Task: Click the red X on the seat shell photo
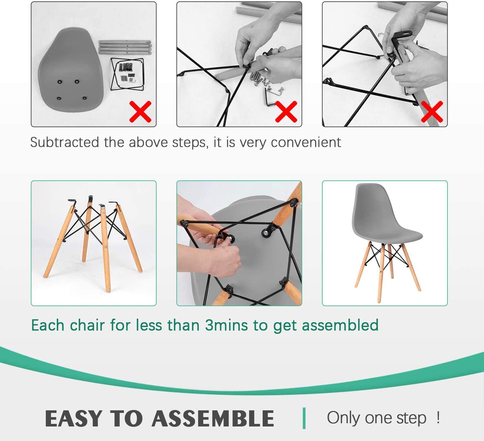click(x=140, y=112)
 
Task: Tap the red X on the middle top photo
click(x=286, y=112)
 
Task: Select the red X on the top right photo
click(x=432, y=112)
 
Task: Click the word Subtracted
click(x=65, y=142)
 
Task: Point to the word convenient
click(x=306, y=142)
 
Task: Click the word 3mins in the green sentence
click(x=226, y=325)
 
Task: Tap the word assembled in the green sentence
click(x=340, y=325)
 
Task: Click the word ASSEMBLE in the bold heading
click(x=213, y=418)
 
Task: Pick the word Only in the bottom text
click(x=343, y=418)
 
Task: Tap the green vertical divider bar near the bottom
click(x=304, y=418)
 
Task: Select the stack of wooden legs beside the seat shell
click(x=125, y=47)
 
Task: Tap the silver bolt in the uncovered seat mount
click(x=266, y=233)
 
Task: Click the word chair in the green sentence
click(x=87, y=325)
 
